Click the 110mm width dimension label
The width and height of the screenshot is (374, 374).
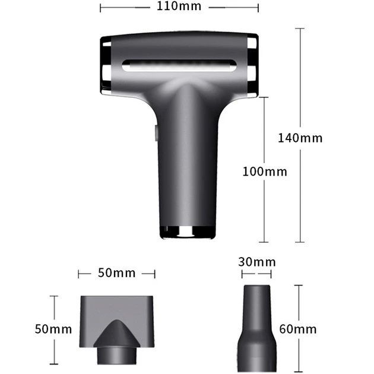pyautogui.click(x=179, y=7)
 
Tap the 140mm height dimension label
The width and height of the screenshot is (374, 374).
pyautogui.click(x=300, y=138)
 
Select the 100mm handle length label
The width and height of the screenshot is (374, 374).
pyautogui.click(x=265, y=172)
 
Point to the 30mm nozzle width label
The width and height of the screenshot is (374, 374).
pyautogui.click(x=256, y=262)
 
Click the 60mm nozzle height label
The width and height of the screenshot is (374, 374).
pyautogui.click(x=298, y=329)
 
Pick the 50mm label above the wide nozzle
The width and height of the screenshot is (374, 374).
pyautogui.click(x=116, y=273)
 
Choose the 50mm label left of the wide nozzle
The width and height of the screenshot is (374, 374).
pyautogui.click(x=53, y=329)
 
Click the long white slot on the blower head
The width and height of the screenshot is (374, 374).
pyautogui.click(x=179, y=66)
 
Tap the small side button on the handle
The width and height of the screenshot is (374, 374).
pyautogui.click(x=156, y=133)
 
